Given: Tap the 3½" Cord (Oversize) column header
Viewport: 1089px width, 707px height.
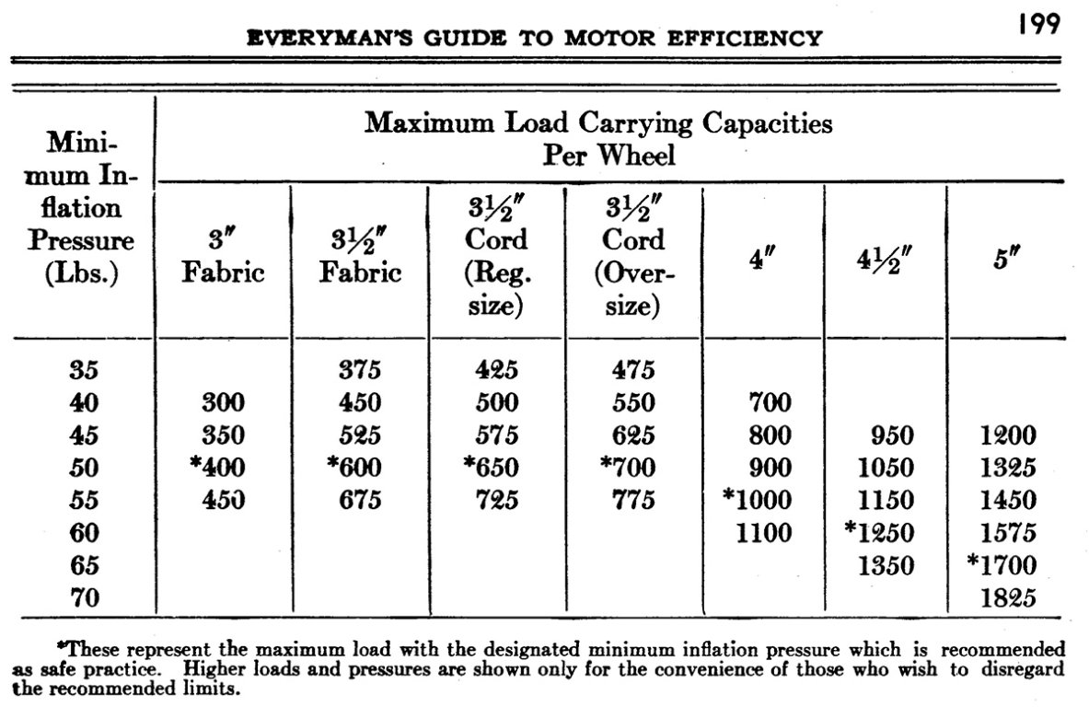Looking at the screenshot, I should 633,257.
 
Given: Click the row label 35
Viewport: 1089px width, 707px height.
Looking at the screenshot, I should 84,370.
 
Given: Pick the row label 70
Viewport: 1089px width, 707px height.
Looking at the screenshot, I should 84,598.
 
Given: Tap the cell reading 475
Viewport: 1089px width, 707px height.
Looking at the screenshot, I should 633,370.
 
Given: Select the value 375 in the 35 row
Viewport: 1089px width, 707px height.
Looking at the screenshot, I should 361,370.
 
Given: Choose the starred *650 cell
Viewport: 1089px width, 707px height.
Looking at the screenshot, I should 492,468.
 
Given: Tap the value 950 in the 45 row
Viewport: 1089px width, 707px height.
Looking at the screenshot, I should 885,435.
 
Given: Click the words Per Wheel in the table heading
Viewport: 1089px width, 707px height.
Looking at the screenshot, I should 608,154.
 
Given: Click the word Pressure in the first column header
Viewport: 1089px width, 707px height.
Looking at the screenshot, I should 81,241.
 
